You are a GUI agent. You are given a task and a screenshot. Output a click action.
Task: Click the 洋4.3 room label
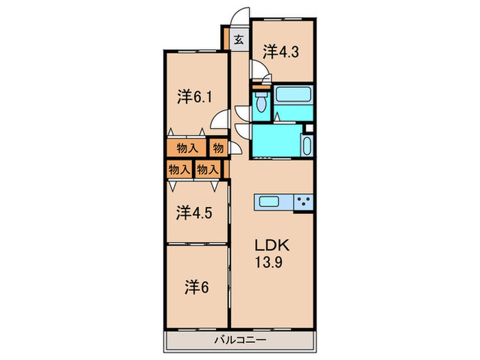coord(280,51)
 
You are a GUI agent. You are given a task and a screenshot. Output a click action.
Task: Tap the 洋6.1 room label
coord(195,97)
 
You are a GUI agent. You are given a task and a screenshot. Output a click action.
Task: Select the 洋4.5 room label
coord(194,213)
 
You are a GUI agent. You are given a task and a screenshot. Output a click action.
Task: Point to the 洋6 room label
coord(197,287)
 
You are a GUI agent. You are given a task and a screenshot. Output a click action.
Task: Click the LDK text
coord(272,245)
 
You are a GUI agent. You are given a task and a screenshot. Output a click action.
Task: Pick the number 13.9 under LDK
coord(269,262)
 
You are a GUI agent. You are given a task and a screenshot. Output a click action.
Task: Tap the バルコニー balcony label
coord(240,340)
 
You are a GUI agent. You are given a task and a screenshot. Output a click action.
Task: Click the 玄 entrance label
coord(239,39)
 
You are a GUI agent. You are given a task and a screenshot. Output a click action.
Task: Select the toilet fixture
coord(261,102)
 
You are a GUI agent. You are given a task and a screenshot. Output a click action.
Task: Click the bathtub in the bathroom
coord(293,95)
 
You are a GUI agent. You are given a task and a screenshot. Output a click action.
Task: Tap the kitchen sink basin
coord(269,202)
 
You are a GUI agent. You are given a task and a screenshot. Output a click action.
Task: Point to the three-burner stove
coord(303,202)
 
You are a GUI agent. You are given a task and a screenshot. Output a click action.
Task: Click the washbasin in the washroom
coord(307,146)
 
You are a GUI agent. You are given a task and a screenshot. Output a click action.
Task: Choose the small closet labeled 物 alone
coord(218,148)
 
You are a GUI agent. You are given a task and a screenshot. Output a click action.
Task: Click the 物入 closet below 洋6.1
coord(187,148)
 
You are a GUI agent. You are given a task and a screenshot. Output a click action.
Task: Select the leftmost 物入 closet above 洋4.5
coord(179,169)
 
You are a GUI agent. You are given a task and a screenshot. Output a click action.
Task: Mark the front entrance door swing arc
coord(237,12)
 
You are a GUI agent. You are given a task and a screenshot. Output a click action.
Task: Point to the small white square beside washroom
coord(309,128)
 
